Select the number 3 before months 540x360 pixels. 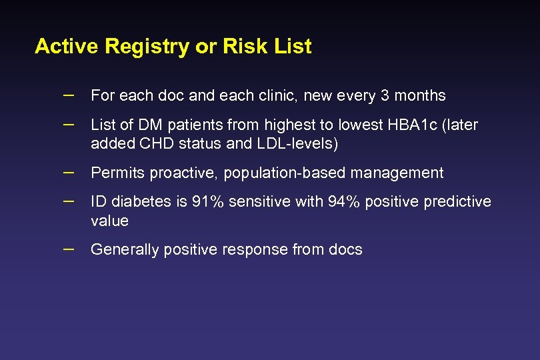(x=385, y=96)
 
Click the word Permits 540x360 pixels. (x=117, y=173)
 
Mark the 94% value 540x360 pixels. (x=345, y=202)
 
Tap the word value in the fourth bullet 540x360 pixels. (x=109, y=221)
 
